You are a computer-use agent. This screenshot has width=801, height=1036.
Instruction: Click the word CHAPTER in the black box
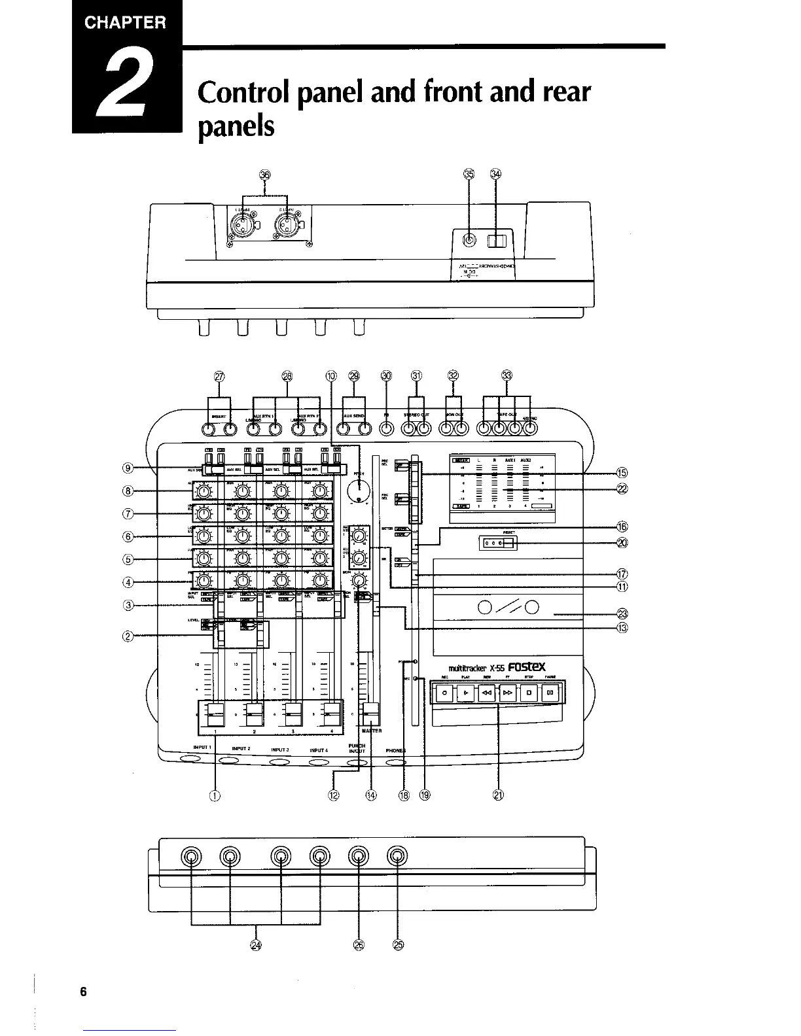(x=126, y=23)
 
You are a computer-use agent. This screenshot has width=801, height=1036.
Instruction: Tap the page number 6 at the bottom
(x=83, y=991)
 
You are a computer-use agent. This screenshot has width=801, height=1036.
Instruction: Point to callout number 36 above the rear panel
(x=264, y=175)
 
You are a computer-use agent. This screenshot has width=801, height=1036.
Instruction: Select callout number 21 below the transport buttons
(x=497, y=795)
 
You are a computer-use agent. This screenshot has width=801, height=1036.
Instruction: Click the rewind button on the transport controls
(x=487, y=692)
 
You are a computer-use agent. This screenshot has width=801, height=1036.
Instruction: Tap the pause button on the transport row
(x=550, y=692)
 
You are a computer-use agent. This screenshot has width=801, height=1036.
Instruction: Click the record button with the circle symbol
(x=444, y=692)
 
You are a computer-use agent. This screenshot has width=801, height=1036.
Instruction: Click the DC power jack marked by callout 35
(x=469, y=241)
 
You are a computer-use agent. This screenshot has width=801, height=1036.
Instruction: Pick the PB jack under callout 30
(x=387, y=429)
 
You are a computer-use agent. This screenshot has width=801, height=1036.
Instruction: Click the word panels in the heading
(x=235, y=125)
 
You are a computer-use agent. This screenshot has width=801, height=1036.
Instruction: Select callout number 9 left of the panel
(x=128, y=468)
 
